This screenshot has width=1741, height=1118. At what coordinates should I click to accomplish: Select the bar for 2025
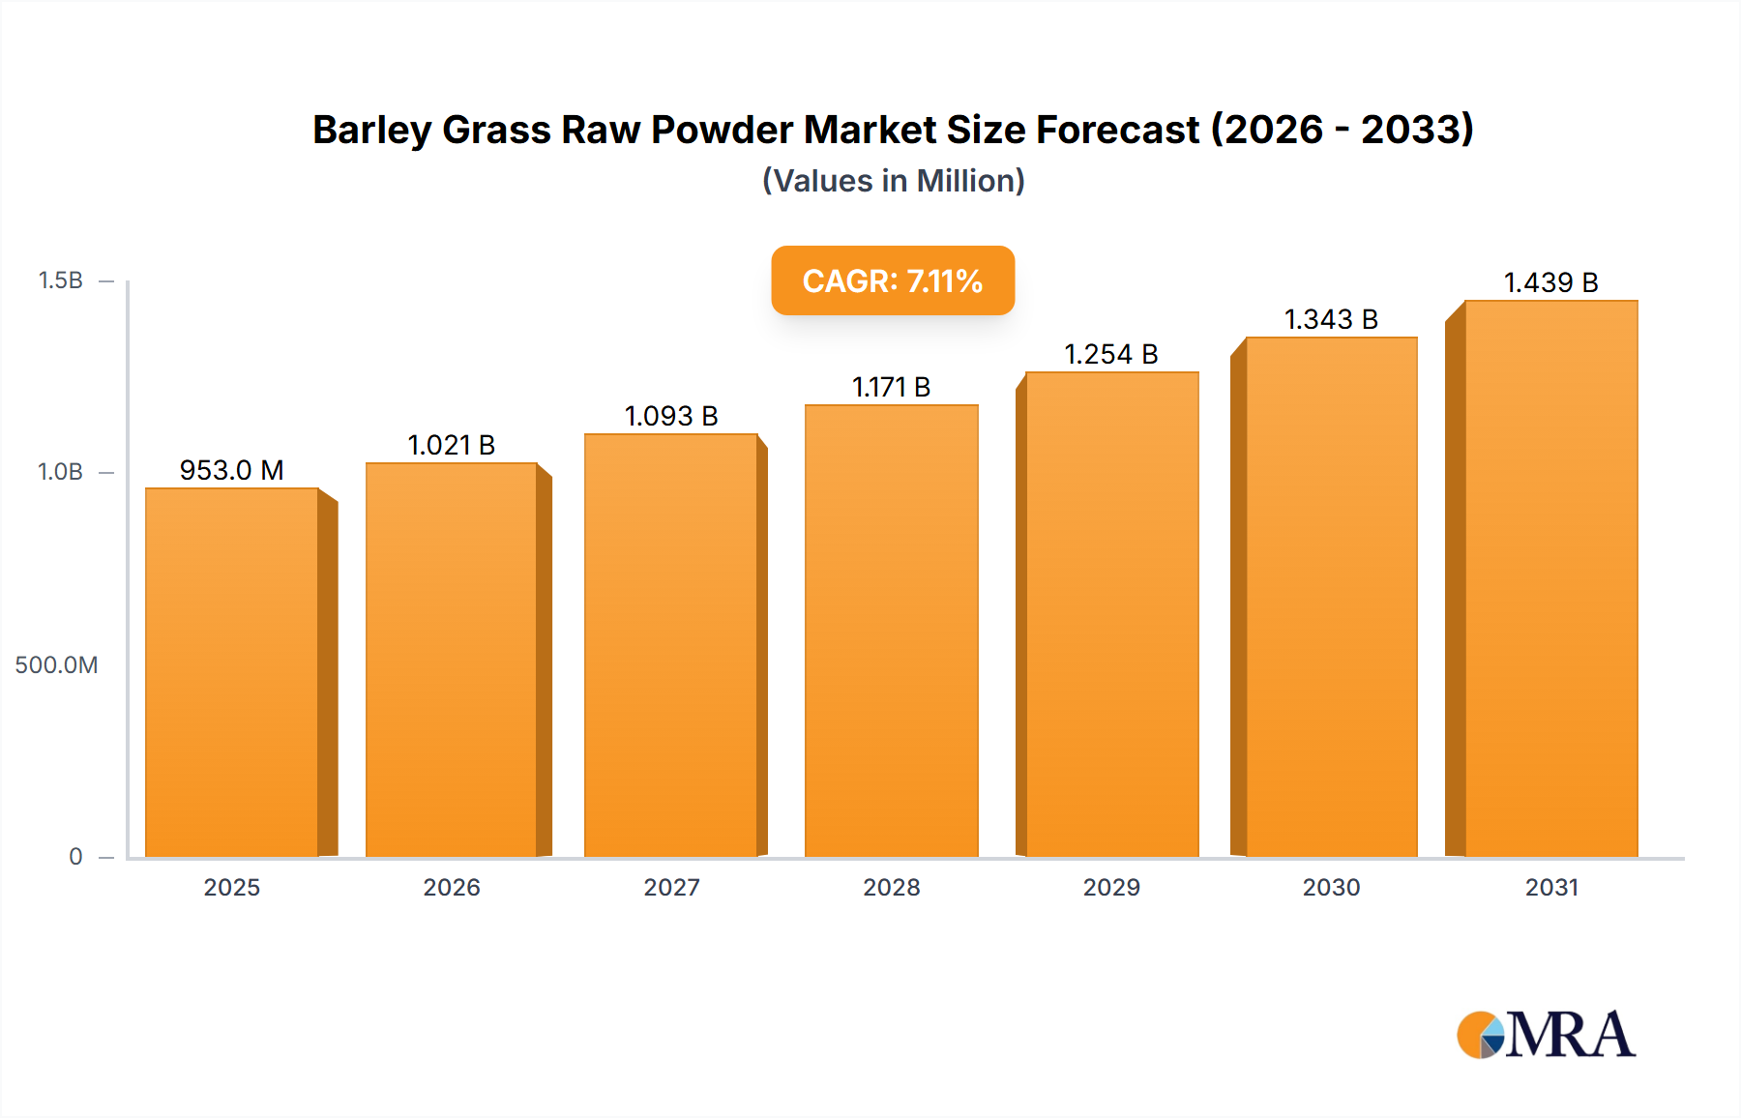[232, 672]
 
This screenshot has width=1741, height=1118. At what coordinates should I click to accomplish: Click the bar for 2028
[892, 631]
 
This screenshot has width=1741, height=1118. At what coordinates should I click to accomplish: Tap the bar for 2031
[1551, 578]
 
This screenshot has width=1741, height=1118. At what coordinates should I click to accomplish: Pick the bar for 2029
[1112, 614]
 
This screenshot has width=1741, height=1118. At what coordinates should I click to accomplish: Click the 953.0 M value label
[232, 471]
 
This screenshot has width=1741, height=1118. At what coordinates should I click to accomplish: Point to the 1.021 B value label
[452, 446]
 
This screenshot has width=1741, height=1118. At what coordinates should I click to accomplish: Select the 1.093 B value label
[671, 417]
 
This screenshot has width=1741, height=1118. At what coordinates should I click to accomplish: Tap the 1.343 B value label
[1331, 320]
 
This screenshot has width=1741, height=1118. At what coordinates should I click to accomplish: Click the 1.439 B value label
[1551, 283]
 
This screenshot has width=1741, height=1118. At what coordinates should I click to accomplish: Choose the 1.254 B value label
[1111, 355]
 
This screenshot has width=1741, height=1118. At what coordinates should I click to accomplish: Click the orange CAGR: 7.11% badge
[893, 280]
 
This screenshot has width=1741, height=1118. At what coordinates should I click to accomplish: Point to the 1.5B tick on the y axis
[61, 280]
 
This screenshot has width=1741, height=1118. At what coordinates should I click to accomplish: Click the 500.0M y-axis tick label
[56, 665]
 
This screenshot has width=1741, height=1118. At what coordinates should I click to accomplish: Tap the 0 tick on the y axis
[75, 857]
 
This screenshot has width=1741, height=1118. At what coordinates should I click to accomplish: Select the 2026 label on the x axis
[452, 888]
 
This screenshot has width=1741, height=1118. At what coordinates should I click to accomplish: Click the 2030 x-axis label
[1331, 888]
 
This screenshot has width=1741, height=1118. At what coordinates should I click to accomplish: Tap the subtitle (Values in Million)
[893, 181]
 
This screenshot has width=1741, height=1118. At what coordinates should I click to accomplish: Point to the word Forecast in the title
[1117, 131]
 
